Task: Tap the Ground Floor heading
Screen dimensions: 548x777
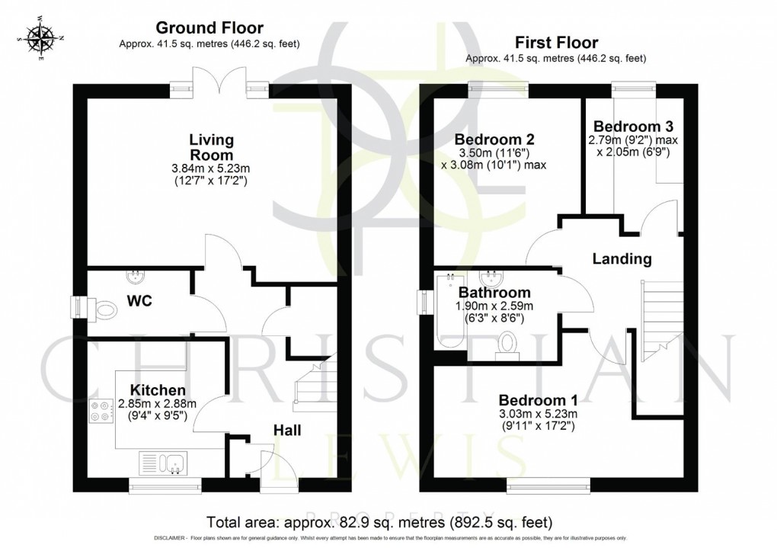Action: (x=210, y=28)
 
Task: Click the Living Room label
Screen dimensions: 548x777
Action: (x=211, y=148)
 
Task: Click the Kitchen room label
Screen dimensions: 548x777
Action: (x=158, y=390)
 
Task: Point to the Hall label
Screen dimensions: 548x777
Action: (x=287, y=431)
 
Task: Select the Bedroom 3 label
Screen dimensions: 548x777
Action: (x=633, y=126)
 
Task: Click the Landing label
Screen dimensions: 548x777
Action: (x=622, y=259)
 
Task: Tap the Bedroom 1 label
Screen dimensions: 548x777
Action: (x=539, y=399)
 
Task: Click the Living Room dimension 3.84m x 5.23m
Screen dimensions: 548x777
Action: (x=211, y=169)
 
